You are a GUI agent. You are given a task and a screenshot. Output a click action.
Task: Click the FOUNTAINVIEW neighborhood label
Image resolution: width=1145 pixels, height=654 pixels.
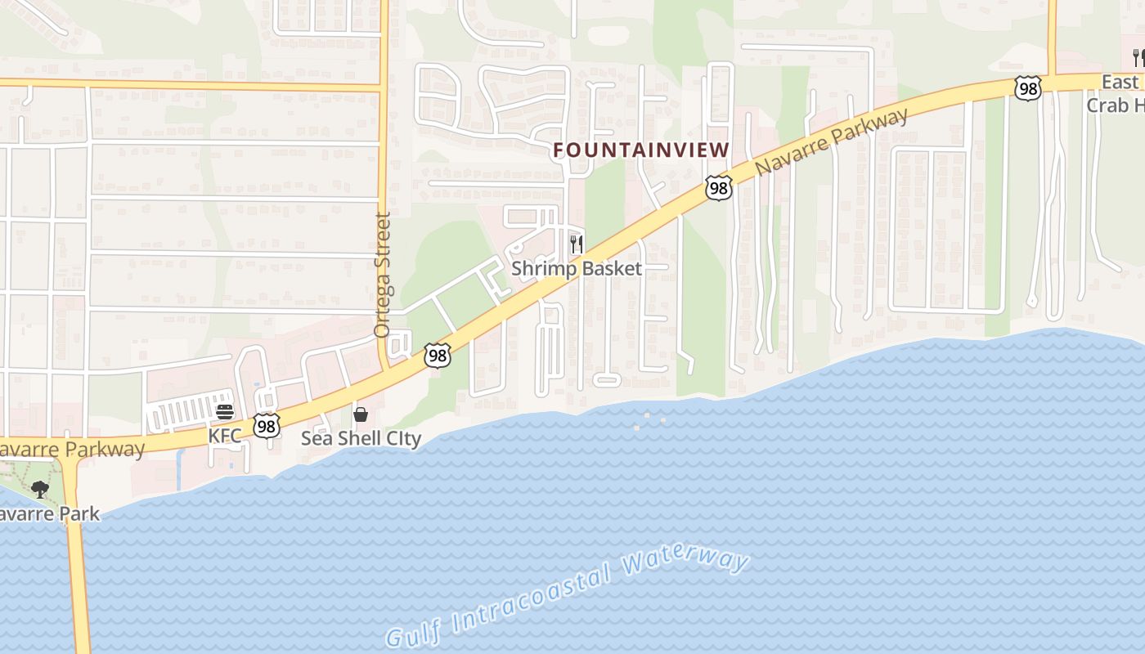[640, 150]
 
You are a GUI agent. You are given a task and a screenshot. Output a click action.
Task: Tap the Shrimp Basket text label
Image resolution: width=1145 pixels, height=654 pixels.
[577, 268]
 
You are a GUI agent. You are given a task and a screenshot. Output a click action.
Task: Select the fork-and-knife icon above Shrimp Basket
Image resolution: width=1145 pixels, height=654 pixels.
[577, 244]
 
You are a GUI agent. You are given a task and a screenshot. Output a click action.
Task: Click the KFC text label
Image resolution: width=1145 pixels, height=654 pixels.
[225, 435]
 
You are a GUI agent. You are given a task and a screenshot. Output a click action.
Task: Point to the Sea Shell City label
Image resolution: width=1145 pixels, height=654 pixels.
[361, 438]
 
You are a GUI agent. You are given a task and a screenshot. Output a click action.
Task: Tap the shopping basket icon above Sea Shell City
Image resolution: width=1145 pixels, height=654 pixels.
[361, 414]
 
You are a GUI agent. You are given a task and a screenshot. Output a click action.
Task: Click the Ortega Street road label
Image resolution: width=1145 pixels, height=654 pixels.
[382, 275]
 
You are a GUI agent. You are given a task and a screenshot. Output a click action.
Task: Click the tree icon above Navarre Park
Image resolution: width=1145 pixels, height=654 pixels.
[39, 490]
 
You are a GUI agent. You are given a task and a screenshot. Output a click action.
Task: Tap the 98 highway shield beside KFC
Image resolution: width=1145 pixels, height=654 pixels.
[266, 425]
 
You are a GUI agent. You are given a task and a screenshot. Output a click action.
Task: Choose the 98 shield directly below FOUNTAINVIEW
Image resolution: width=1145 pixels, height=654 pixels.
[718, 188]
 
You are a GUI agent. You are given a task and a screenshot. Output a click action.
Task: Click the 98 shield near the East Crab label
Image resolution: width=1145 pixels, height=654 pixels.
[1027, 88]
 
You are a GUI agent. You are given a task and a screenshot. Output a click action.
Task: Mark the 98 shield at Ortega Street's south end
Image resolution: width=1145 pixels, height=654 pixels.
[438, 356]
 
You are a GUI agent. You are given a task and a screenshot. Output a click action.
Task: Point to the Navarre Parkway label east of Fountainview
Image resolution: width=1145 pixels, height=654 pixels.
[831, 141]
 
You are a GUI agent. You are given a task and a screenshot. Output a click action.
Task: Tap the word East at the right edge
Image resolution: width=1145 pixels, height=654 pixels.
[1120, 82]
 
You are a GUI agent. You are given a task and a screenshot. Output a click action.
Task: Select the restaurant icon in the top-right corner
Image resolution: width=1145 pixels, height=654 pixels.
[1138, 57]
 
